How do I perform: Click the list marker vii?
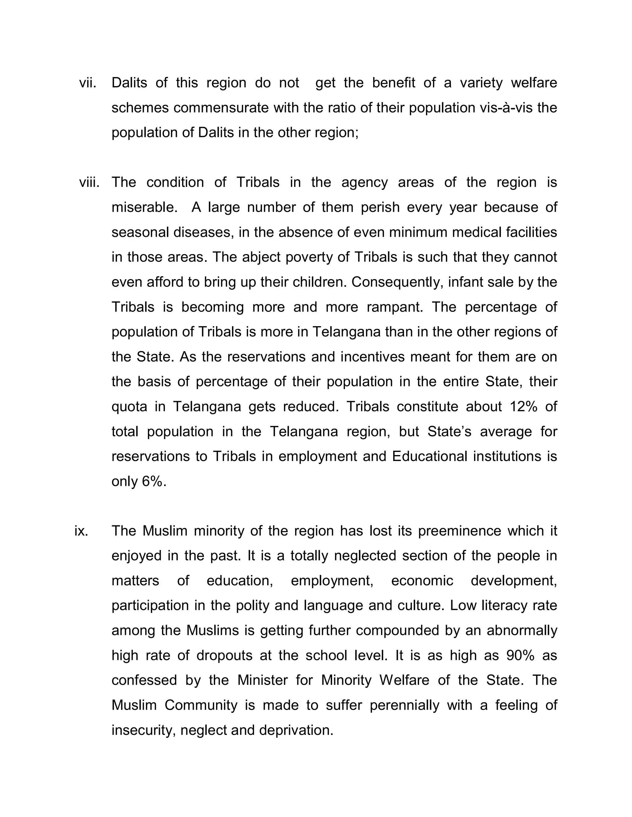click(88, 83)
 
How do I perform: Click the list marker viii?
click(89, 183)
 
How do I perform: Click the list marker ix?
click(81, 531)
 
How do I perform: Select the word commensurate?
click(221, 108)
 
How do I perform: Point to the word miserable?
click(144, 207)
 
